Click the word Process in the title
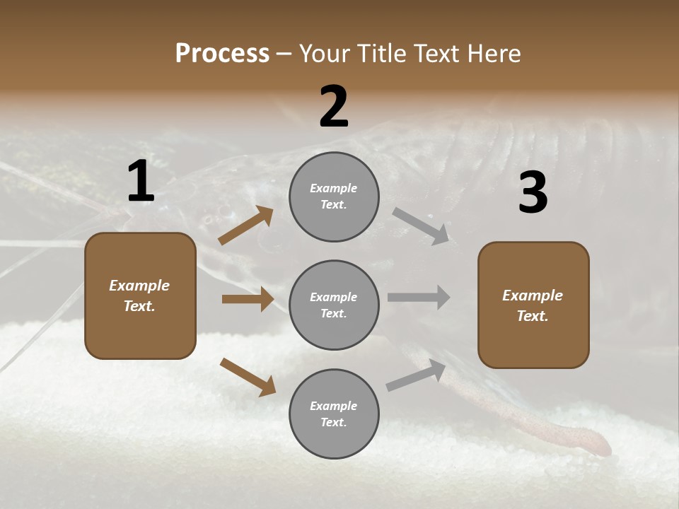(222, 54)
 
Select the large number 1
(141, 182)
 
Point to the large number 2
(334, 107)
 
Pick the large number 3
(533, 193)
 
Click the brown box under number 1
(140, 296)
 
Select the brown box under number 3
(533, 305)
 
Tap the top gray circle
(334, 197)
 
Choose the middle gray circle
(334, 305)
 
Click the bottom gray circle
(334, 414)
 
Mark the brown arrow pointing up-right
(245, 226)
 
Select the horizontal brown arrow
(248, 299)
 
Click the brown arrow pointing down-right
(248, 377)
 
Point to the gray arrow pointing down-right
(421, 226)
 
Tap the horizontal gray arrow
(419, 297)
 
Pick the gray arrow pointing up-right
(416, 375)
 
